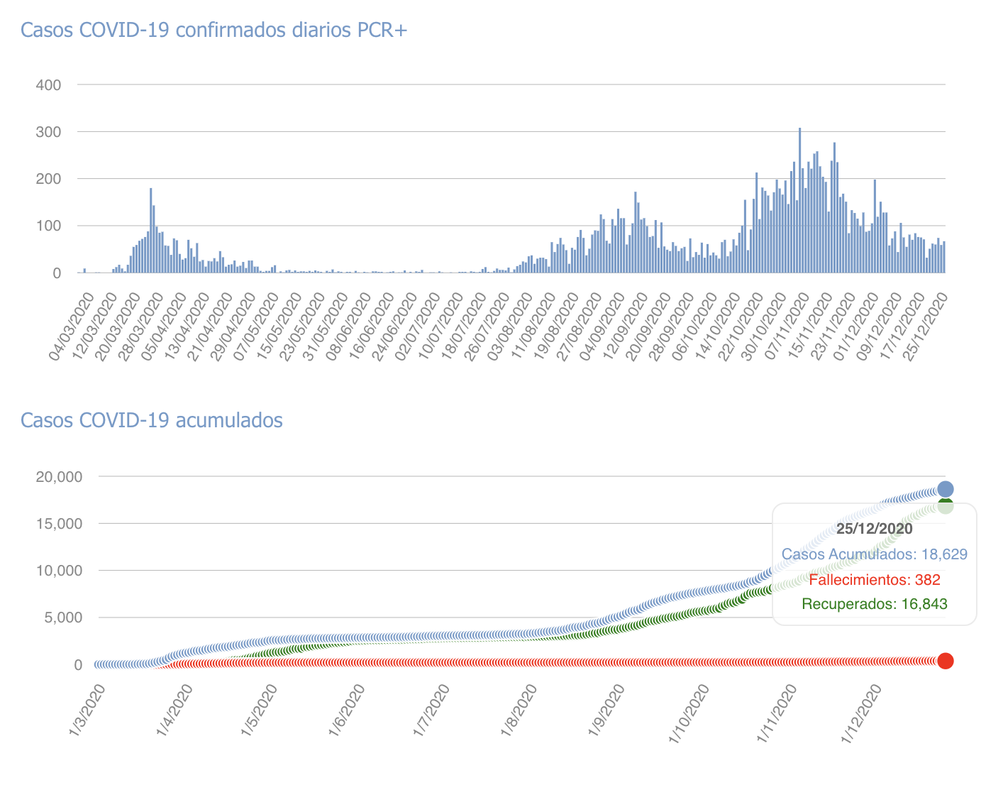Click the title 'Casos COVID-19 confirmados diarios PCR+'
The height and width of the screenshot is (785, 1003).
(x=214, y=31)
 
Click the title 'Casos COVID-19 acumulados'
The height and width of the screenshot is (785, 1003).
(x=152, y=420)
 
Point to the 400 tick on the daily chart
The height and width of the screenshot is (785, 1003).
(x=48, y=85)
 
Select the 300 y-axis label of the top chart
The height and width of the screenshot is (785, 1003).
(x=48, y=132)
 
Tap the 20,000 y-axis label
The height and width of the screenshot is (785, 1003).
(x=58, y=476)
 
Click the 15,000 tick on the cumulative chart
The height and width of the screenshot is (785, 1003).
(x=58, y=524)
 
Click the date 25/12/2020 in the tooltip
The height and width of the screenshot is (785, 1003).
(x=874, y=529)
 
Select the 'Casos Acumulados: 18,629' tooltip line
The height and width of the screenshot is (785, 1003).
(x=874, y=554)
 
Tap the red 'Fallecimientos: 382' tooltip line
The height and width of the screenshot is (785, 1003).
(x=874, y=580)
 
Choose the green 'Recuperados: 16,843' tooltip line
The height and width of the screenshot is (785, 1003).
(x=874, y=605)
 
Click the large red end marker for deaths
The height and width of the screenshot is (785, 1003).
(x=946, y=661)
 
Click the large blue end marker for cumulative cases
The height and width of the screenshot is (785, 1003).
(x=946, y=489)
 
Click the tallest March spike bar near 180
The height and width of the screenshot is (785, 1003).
(x=151, y=231)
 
